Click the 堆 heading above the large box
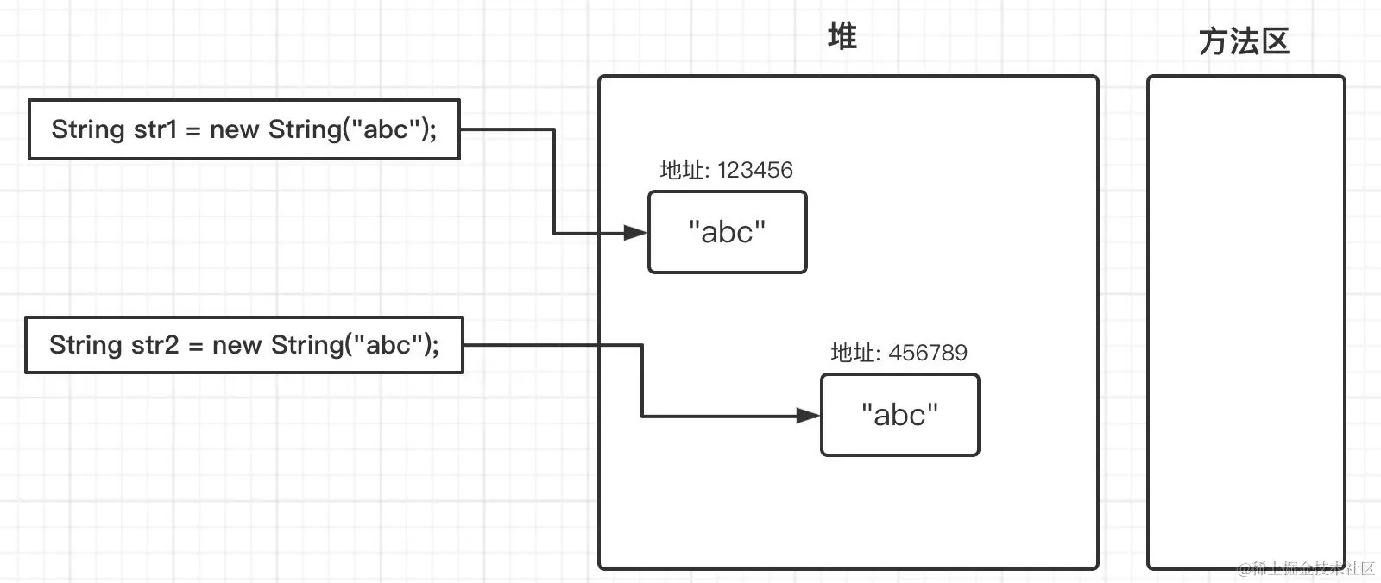coord(842,37)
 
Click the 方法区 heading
coord(1244,41)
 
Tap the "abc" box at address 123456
coord(727,232)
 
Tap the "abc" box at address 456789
coord(899,415)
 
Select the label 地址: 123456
coord(726,170)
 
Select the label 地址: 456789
coord(899,353)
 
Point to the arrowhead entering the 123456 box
coord(635,233)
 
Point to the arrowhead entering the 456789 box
coord(808,417)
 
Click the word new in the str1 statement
coord(235,129)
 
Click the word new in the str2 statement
coord(236,345)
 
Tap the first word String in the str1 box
coord(88,129)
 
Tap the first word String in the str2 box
coord(85,345)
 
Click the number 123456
coord(754,170)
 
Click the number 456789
coord(928,353)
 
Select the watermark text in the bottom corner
coord(1305,568)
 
